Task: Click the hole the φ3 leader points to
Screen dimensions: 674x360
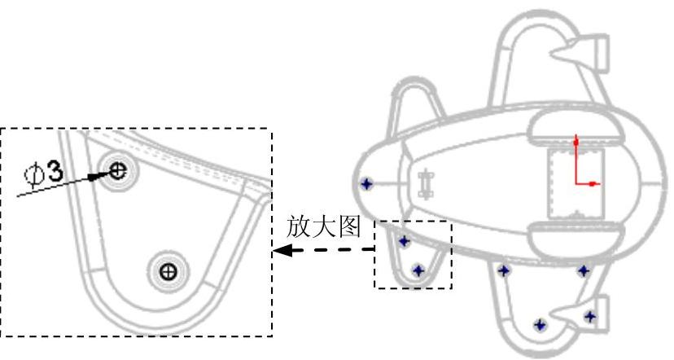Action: (x=119, y=170)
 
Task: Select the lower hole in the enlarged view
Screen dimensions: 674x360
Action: (x=168, y=270)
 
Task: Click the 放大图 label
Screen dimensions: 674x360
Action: (x=323, y=227)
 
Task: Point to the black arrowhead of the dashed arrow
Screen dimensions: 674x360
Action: (x=281, y=251)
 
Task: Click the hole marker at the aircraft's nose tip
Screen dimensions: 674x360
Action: (x=366, y=184)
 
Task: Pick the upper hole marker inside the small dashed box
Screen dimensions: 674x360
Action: (x=405, y=242)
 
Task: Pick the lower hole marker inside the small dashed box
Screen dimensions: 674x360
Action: (x=418, y=270)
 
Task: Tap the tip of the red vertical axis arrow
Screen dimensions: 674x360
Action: (x=576, y=142)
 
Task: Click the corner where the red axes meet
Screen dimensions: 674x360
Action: (x=576, y=184)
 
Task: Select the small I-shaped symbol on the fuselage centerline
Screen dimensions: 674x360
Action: (x=424, y=184)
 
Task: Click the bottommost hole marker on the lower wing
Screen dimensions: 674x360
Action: (x=538, y=326)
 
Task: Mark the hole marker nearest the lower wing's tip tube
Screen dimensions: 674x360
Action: (x=590, y=316)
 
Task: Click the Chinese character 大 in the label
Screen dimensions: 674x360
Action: (x=323, y=227)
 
